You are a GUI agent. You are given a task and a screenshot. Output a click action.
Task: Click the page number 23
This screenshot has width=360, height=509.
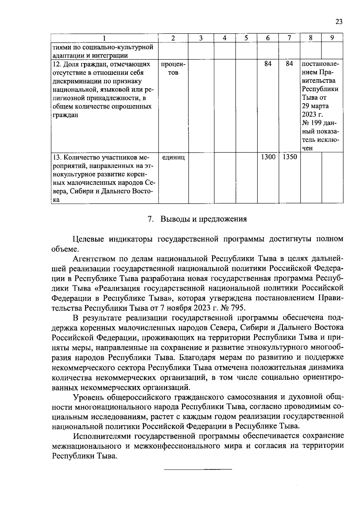click(339, 22)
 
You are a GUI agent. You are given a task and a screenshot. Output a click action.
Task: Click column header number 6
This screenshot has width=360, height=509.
click(268, 38)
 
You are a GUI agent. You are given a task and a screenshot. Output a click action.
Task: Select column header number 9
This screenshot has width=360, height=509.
click(332, 38)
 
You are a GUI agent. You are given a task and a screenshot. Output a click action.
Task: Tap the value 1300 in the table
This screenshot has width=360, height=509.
click(268, 157)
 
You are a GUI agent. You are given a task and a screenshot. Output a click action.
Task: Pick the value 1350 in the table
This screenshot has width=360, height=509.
click(289, 157)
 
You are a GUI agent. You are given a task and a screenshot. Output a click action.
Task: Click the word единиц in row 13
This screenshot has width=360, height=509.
click(173, 157)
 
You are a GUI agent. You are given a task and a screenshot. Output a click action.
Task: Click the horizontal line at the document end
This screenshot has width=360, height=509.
click(198, 469)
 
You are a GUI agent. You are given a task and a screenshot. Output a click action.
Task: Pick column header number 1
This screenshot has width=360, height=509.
click(104, 38)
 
